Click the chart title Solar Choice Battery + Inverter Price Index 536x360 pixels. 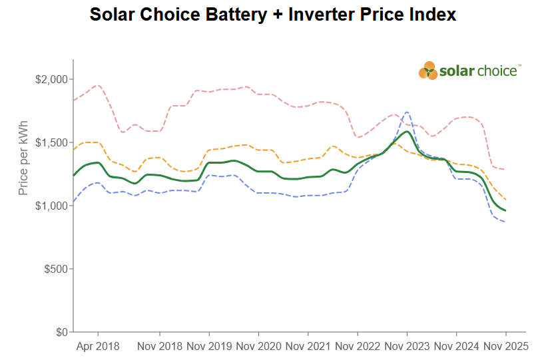tap(272, 15)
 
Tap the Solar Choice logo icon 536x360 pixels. tap(428, 71)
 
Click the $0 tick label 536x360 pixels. tap(61, 332)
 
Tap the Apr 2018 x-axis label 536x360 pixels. tap(99, 347)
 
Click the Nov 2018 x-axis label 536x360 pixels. tap(160, 347)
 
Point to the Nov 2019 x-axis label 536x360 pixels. tap(209, 347)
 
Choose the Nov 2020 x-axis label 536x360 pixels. tap(258, 347)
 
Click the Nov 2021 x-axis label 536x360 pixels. tap(308, 347)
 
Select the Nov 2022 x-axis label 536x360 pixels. tap(358, 347)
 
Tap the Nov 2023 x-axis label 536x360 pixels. tap(407, 347)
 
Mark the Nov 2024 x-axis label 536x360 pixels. tap(456, 347)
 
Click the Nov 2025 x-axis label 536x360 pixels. tap(505, 347)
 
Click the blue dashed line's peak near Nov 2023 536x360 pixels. tap(406, 112)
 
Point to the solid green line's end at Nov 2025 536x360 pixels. tap(505, 210)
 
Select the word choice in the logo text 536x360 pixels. tap(496, 71)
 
